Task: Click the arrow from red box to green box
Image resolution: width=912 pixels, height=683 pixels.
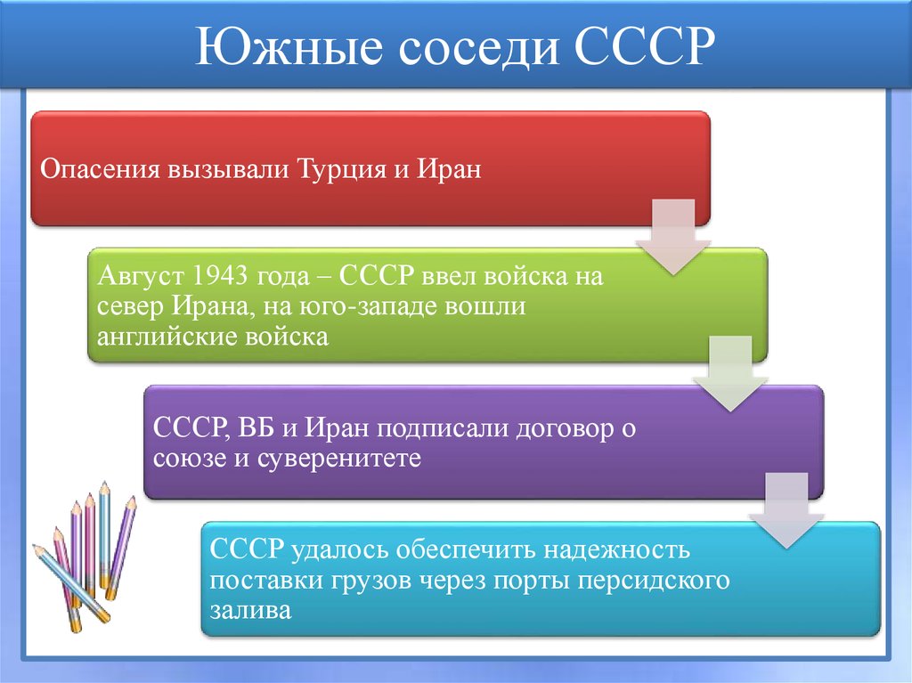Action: (x=672, y=237)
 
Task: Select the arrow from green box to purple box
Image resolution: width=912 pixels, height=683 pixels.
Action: (x=730, y=374)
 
